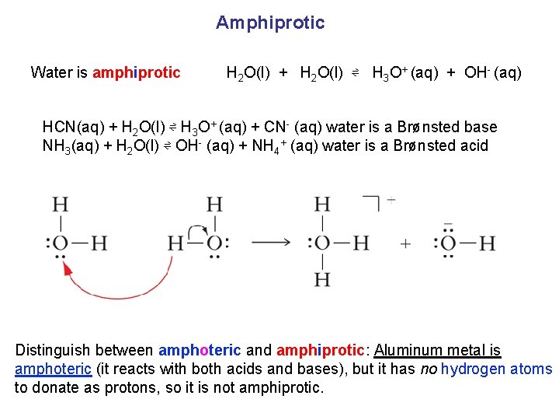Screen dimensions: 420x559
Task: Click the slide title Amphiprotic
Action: point(270,23)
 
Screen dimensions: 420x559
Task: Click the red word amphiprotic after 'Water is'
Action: point(137,73)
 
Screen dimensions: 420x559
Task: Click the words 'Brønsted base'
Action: point(447,127)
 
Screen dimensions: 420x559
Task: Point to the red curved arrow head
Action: point(68,268)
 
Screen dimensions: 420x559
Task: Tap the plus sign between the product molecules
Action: point(405,244)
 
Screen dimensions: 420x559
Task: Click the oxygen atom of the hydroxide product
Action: point(448,243)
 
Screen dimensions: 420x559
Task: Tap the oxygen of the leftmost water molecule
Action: point(60,243)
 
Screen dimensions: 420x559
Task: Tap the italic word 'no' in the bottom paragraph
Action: point(428,369)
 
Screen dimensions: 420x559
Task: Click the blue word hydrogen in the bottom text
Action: point(471,369)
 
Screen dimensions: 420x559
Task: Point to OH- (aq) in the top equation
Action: point(492,73)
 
